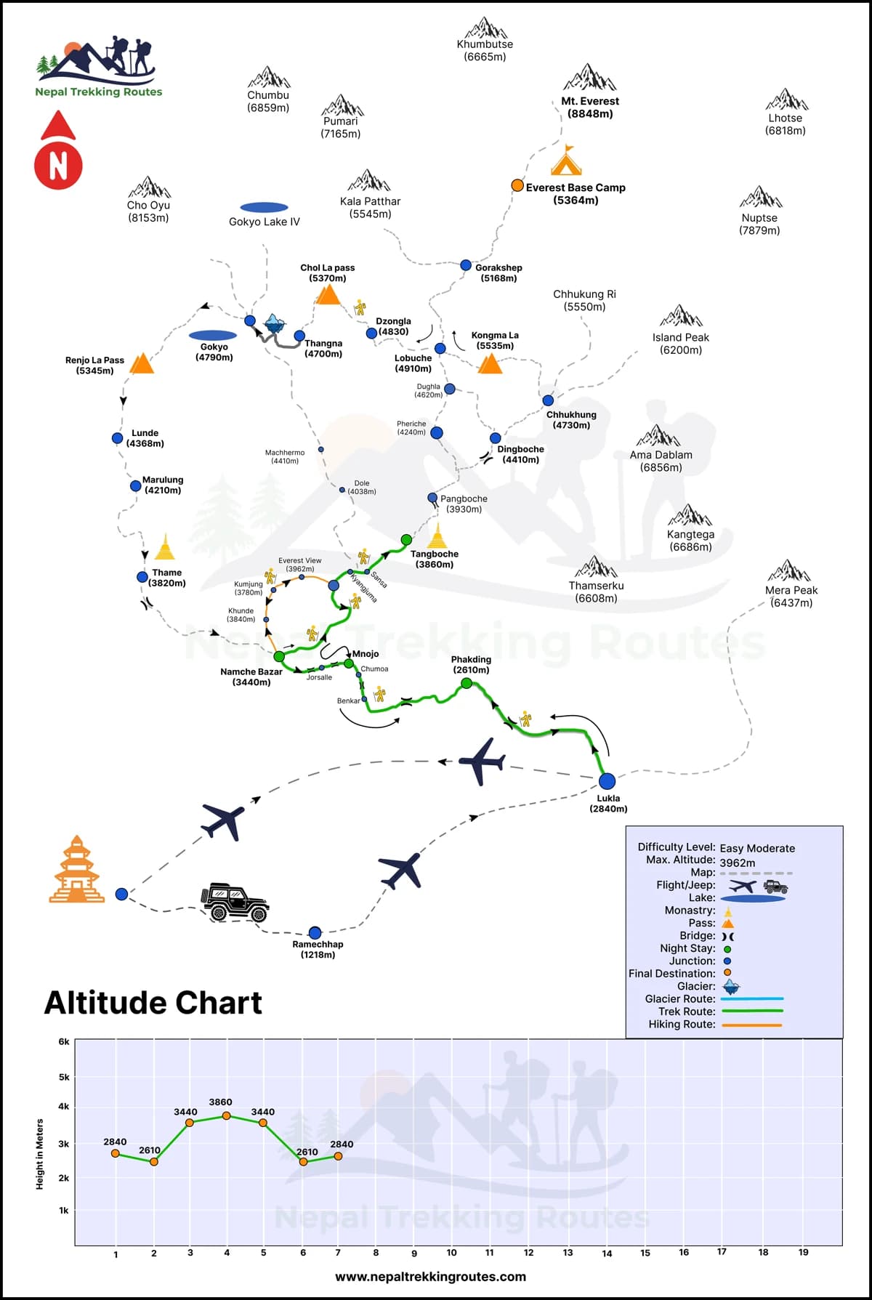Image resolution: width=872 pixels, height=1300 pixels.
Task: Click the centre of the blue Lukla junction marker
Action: point(607,781)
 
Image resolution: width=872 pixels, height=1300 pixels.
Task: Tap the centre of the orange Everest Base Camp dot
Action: point(517,185)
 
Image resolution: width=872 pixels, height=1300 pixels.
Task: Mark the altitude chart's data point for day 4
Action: point(226,1115)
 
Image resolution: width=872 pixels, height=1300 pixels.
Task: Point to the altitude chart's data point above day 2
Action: point(153,1161)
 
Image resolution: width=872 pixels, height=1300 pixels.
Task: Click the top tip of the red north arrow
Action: point(58,111)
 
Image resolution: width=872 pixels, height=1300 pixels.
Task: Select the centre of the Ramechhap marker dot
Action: point(315,932)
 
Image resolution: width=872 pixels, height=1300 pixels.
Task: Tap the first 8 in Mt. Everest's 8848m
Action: point(573,113)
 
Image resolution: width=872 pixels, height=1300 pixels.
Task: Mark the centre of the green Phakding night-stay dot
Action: point(467,683)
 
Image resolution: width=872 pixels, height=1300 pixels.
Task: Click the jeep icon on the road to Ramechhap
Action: point(235,903)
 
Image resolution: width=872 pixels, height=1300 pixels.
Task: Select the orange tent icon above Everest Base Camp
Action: point(566,161)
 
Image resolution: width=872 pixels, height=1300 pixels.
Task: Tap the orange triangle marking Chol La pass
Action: point(328,294)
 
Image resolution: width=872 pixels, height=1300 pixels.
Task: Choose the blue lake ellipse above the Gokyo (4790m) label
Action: point(213,336)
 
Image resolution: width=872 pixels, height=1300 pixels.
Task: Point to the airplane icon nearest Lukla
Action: point(482,762)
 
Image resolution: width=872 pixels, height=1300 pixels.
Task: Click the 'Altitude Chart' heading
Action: point(153,1003)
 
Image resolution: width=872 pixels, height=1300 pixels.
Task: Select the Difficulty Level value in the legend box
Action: point(757,848)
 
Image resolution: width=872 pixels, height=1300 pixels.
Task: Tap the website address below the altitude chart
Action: point(430,1277)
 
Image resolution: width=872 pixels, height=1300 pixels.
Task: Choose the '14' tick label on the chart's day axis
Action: point(607,1253)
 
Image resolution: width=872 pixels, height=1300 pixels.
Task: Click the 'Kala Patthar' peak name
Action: point(370,201)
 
